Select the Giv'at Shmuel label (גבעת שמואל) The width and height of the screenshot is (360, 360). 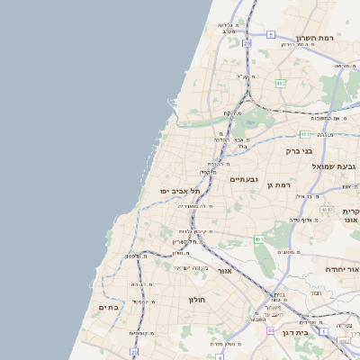point(335,166)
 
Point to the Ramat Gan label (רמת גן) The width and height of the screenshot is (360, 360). point(281,184)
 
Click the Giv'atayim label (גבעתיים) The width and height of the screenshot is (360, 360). point(244,179)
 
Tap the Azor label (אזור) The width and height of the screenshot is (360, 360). point(224,270)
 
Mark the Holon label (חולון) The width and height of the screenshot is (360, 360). point(197,300)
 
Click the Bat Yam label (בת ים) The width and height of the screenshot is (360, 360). point(107,307)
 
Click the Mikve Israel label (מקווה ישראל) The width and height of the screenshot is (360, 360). point(192,267)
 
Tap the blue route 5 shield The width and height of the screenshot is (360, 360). point(270,34)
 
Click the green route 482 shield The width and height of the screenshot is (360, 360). point(281,84)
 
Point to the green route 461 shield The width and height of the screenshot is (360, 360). point(259,239)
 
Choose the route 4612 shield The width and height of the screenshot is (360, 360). point(326,210)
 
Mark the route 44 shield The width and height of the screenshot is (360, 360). point(270,330)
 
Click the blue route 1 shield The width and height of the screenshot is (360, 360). point(346,342)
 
